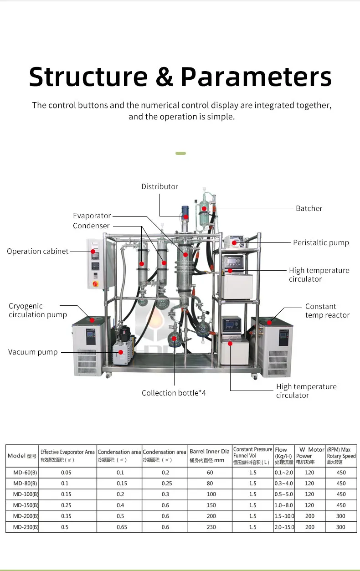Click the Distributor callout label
click(159, 186)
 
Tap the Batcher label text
click(309, 208)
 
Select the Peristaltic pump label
click(321, 242)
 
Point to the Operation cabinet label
click(37, 251)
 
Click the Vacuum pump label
click(33, 352)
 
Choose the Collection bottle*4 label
click(174, 393)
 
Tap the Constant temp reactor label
click(327, 311)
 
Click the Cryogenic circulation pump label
click(37, 310)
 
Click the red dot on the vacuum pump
click(121, 352)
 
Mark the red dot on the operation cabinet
click(93, 251)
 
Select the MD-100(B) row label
click(22, 494)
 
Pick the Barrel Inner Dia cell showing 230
click(210, 527)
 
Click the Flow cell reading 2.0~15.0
click(284, 527)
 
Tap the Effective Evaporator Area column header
click(67, 456)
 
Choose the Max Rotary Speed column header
click(341, 456)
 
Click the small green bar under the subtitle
click(180, 153)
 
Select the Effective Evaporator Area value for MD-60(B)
click(67, 473)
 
